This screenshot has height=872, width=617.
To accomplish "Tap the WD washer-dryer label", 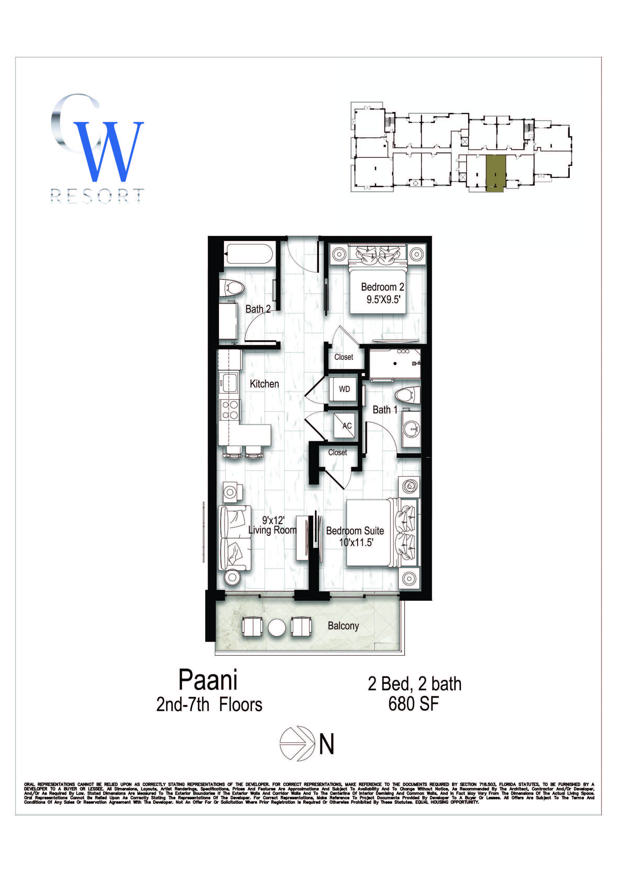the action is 344,389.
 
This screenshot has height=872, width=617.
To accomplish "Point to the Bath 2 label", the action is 258,309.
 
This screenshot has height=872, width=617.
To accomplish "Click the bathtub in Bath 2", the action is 249,253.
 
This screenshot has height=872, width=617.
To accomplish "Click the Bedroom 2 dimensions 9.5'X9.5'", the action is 383,300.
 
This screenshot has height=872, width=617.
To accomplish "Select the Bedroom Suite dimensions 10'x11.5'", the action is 356,542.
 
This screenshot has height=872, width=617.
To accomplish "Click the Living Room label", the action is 272,530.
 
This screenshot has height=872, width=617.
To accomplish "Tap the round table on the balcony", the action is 277,627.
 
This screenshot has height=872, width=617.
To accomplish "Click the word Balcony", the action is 343,626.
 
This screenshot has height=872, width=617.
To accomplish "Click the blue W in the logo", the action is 108,152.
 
